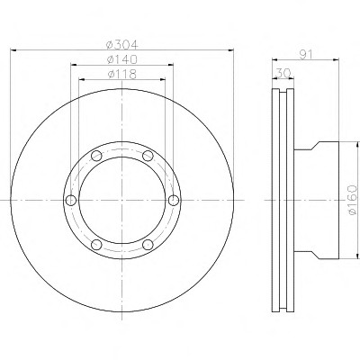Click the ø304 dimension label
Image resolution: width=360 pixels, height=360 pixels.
click(x=122, y=45)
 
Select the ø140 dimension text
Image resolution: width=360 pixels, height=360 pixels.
click(x=122, y=59)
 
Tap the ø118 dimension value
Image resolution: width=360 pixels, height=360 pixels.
click(x=121, y=74)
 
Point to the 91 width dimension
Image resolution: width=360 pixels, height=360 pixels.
click(x=306, y=54)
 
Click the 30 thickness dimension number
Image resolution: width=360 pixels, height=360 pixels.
click(x=283, y=73)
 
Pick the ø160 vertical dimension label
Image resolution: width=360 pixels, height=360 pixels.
click(x=353, y=200)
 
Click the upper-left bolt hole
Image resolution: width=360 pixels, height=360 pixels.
click(x=96, y=156)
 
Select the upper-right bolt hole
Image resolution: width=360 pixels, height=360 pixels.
click(x=148, y=156)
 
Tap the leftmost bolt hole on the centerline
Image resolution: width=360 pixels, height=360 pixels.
click(x=71, y=200)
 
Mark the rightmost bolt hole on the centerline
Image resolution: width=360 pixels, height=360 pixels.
click(x=174, y=200)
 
